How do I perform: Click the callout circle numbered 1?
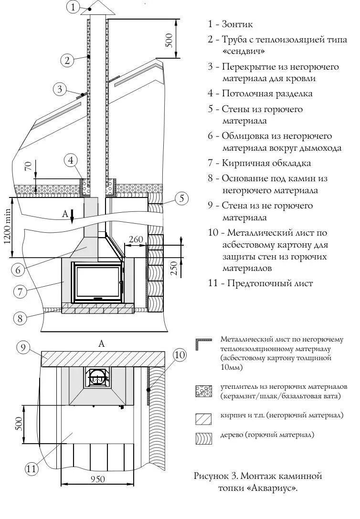tap(73, 7)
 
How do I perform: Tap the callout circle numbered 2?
tap(68, 60)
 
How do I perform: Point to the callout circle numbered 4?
tap(71, 160)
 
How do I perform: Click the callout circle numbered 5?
tap(181, 199)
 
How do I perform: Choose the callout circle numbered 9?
tap(23, 347)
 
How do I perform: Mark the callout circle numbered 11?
tap(31, 469)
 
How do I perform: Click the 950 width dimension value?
tap(97, 478)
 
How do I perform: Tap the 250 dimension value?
tap(174, 269)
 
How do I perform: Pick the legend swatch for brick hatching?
tap(203, 418)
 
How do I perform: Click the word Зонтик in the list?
tap(237, 24)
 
